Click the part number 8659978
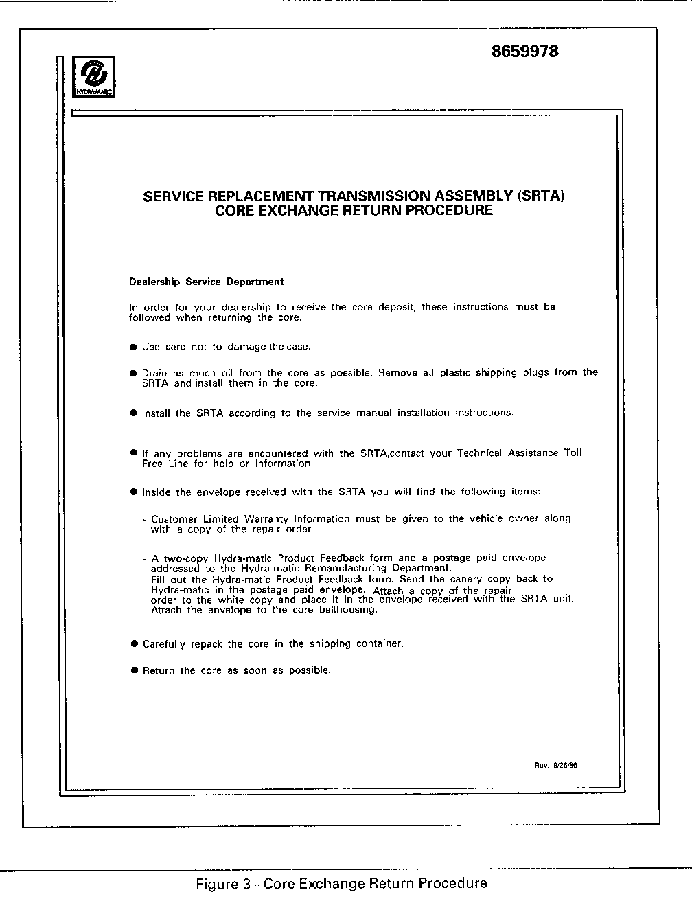[x=525, y=52]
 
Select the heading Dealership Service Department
[x=206, y=282]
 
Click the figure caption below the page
[x=342, y=883]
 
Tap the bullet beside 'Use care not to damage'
[x=134, y=347]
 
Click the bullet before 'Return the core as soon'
[x=135, y=670]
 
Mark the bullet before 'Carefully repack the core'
[x=135, y=644]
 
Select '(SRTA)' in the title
[x=542, y=196]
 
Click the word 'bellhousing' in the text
[x=347, y=610]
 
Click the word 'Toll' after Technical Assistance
[x=573, y=453]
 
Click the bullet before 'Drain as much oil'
[x=134, y=373]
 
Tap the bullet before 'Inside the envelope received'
[x=134, y=492]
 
